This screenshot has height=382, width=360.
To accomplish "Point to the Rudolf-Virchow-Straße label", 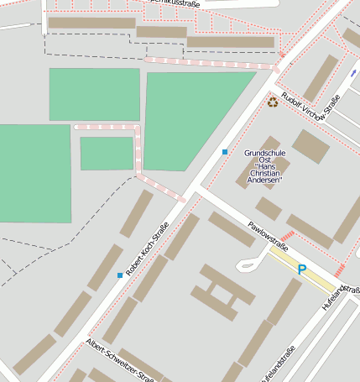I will point(310,107).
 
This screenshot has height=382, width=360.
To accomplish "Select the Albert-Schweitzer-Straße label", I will point(117,359).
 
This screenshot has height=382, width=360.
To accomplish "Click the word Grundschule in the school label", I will point(265,154).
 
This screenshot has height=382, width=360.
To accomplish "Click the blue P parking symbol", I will point(302,270).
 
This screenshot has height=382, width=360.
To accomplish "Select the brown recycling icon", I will point(273,102).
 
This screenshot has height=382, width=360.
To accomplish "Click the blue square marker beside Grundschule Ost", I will point(225,151).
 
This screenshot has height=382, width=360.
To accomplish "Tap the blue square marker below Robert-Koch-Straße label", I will point(119,275).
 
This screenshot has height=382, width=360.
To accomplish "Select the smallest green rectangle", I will point(107,154).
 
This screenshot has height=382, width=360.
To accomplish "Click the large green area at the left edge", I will point(34,172).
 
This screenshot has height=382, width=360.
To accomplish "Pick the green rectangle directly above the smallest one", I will point(94,94).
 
